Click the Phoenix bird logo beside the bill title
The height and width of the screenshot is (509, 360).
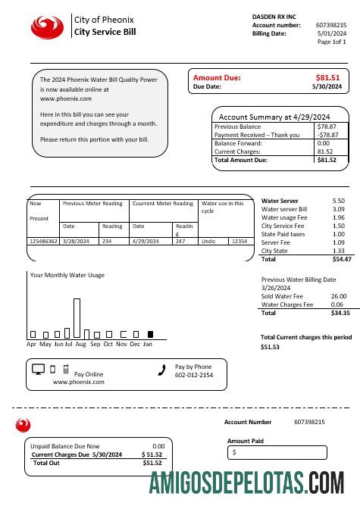pyautogui.click(x=48, y=27)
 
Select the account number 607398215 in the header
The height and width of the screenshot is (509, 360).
pyautogui.click(x=330, y=25)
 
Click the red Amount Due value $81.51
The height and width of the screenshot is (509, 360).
pyautogui.click(x=327, y=77)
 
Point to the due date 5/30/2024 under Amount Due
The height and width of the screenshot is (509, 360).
pyautogui.click(x=327, y=87)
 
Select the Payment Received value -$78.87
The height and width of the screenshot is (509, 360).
pyautogui.click(x=327, y=135)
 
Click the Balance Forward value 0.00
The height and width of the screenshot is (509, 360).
pyautogui.click(x=324, y=143)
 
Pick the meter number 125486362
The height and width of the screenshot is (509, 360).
pyautogui.click(x=43, y=241)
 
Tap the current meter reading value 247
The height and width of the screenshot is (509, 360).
pyautogui.click(x=180, y=241)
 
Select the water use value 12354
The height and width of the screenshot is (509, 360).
pyautogui.click(x=239, y=241)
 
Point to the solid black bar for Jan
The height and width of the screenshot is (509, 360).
pyautogui.click(x=150, y=333)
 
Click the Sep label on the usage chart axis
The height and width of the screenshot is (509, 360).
pyautogui.click(x=95, y=344)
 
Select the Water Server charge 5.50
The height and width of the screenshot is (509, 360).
pyautogui.click(x=338, y=201)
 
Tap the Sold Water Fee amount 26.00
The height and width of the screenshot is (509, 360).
pyautogui.click(x=339, y=296)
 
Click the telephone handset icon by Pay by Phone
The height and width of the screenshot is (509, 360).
pyautogui.click(x=161, y=370)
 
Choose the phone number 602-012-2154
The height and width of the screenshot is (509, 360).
pyautogui.click(x=194, y=375)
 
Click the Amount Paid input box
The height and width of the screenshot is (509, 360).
pyautogui.click(x=277, y=452)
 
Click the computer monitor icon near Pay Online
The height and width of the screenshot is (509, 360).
pyautogui.click(x=39, y=370)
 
